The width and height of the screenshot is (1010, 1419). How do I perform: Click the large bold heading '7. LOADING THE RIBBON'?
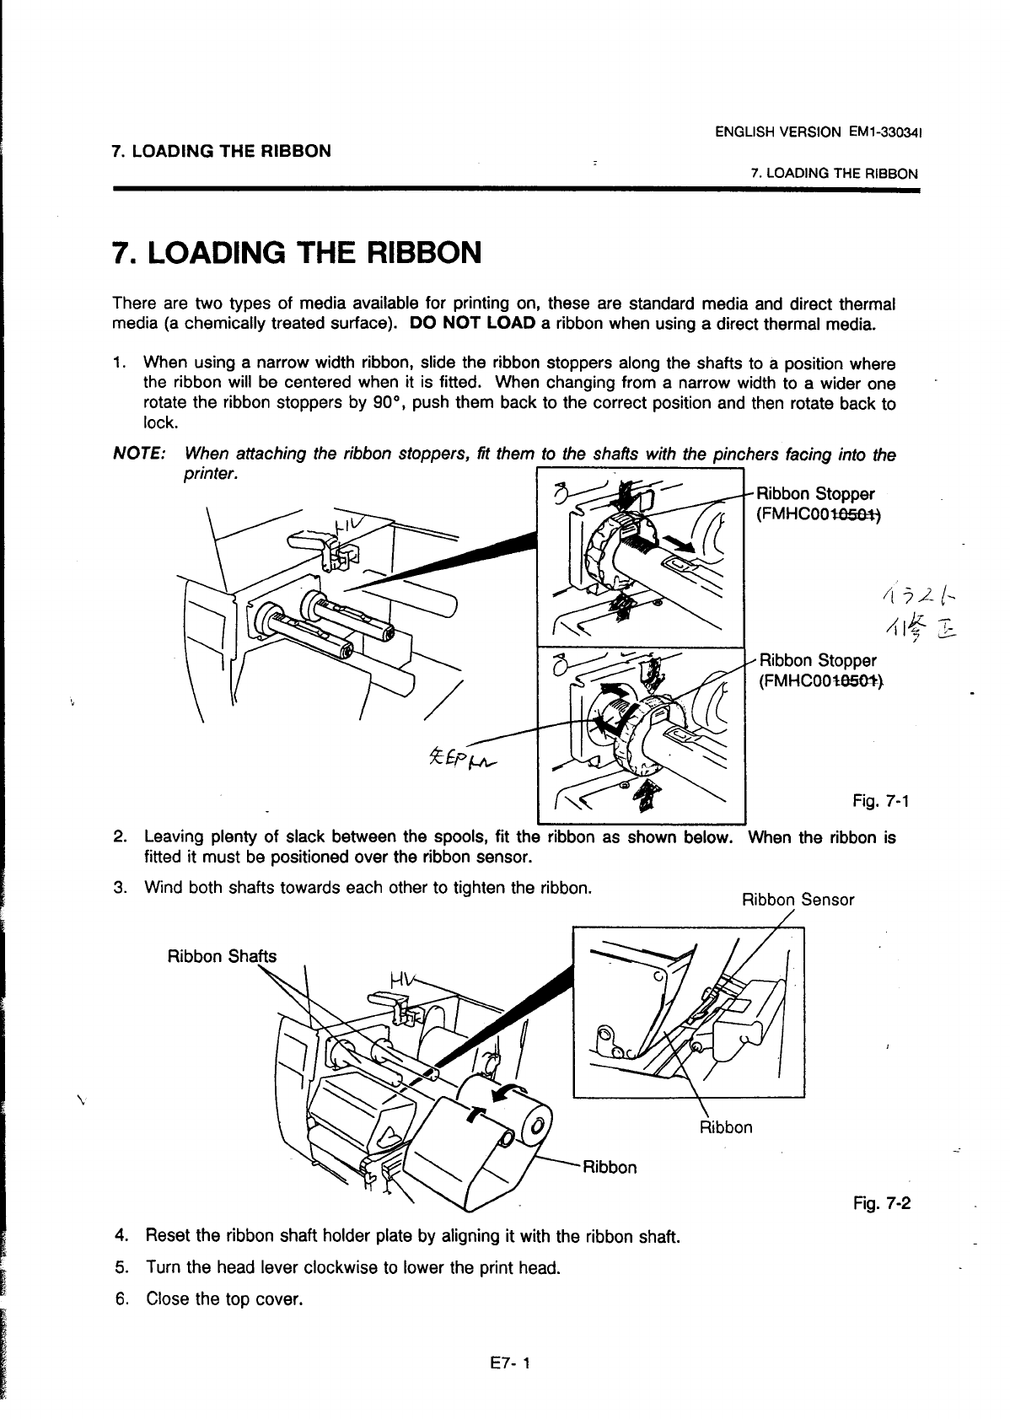(297, 252)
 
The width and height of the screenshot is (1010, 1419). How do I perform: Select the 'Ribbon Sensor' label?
(798, 900)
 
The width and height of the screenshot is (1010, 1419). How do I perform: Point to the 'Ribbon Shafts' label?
(222, 957)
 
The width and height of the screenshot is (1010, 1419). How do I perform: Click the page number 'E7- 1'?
(505, 1363)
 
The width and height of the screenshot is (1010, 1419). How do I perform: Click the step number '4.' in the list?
(121, 1237)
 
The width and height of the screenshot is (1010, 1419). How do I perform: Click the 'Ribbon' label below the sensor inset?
(726, 1127)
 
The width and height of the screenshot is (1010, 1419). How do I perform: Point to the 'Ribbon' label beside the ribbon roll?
(610, 1167)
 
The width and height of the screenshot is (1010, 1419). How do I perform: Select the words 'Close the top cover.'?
(223, 1299)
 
